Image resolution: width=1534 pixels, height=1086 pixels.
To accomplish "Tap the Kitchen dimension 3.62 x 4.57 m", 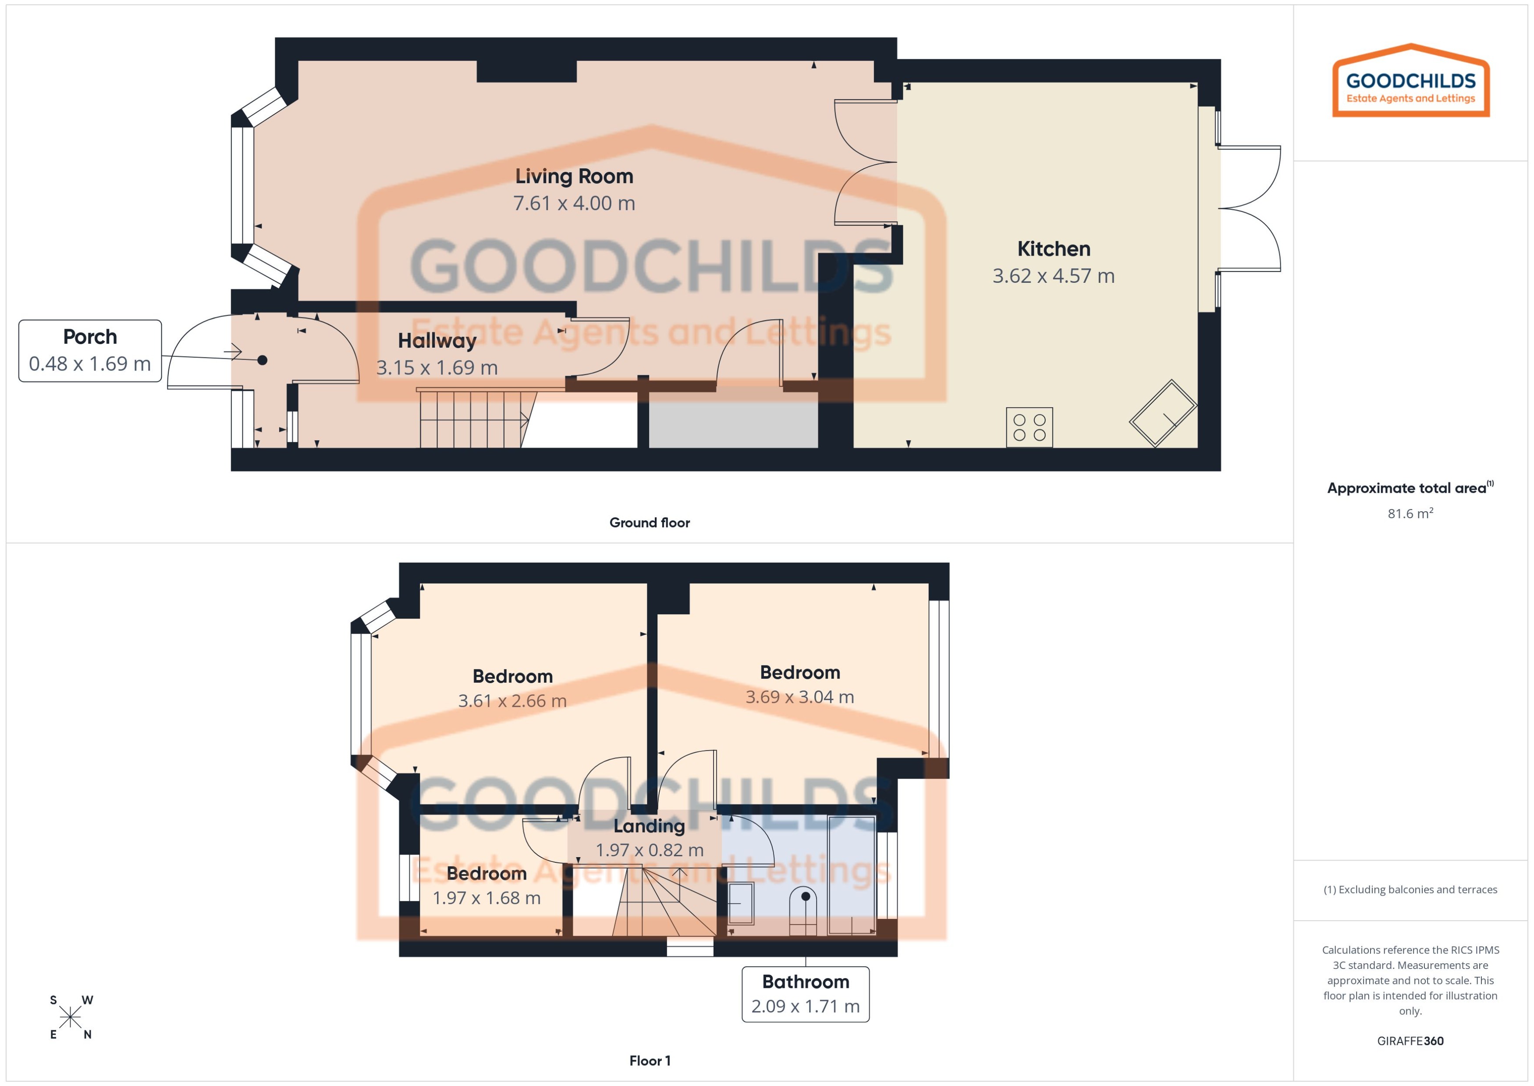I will [1053, 275].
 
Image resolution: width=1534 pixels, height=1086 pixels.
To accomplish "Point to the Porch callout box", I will [89, 350].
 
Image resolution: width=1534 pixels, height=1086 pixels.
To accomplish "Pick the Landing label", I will [648, 826].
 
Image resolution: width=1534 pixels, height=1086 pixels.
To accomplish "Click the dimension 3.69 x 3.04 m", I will [799, 697].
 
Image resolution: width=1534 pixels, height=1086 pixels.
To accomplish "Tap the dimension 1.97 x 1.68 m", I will [486, 897].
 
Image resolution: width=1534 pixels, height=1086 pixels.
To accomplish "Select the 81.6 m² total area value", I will [1410, 513].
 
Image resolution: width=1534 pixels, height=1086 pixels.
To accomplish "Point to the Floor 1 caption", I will [649, 1061].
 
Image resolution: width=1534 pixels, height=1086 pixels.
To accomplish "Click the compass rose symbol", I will [70, 1018].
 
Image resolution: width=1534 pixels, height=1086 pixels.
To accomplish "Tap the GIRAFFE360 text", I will [1410, 1040].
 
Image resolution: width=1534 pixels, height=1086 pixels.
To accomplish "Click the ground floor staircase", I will [471, 419].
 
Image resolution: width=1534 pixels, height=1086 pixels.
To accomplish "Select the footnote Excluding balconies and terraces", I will [1410, 890].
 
